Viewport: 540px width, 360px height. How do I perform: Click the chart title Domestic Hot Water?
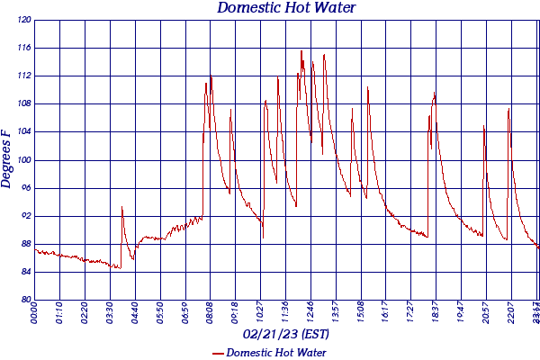(286, 8)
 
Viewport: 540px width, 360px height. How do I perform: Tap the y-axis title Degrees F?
(7, 158)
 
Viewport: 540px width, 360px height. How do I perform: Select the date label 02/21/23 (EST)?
(286, 334)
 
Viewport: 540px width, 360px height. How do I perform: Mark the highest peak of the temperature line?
(301, 51)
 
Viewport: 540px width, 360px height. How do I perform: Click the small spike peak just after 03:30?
(121, 207)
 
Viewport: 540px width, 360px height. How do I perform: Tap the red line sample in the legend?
(218, 353)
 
